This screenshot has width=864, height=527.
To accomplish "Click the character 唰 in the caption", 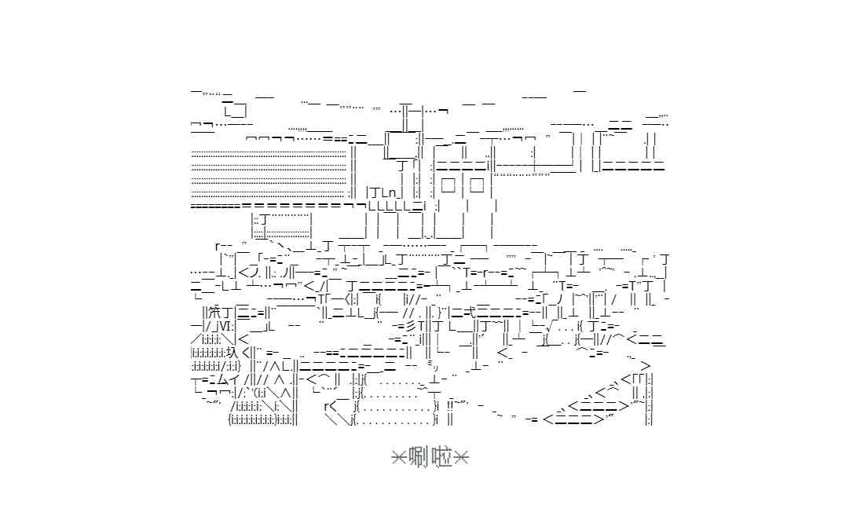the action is (x=419, y=458).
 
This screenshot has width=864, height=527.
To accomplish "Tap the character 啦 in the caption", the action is (x=441, y=458).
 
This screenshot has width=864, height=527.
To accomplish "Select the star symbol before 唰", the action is (x=398, y=458).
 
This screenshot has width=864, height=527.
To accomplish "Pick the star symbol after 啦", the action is (x=461, y=458).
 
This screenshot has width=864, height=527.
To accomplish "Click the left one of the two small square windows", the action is (x=448, y=185).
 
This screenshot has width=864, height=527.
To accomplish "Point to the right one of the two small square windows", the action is (x=477, y=185).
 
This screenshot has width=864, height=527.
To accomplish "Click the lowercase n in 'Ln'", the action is (x=392, y=193).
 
